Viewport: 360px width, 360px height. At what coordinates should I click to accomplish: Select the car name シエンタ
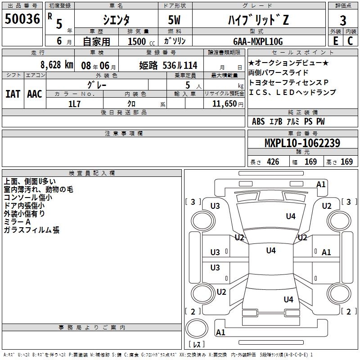[116, 20]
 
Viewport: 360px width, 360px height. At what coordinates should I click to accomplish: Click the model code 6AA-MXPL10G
[258, 41]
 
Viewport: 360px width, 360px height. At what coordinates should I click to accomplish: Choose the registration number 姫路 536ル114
[168, 65]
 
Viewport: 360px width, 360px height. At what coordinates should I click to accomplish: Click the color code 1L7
[74, 103]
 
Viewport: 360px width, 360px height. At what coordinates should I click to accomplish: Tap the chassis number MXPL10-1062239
[302, 143]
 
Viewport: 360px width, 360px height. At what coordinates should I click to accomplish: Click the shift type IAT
[13, 94]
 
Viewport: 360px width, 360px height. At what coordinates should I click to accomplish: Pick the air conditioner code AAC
[35, 94]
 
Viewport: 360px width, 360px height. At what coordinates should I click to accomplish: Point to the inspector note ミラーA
[17, 222]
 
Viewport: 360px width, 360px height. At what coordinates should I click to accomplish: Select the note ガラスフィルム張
[31, 230]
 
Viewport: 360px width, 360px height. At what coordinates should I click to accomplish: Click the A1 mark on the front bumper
[321, 184]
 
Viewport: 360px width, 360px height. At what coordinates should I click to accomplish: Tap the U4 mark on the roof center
[270, 251]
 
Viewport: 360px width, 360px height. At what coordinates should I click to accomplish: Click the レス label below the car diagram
[196, 345]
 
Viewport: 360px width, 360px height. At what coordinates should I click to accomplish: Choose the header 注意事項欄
[123, 134]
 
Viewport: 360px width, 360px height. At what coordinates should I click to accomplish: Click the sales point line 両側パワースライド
[279, 72]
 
